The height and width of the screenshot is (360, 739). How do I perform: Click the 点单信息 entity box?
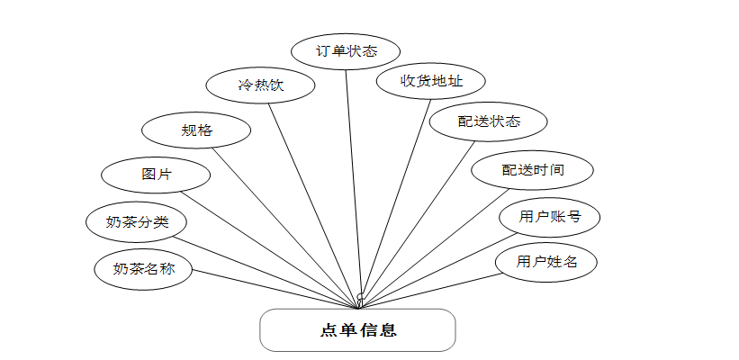357,330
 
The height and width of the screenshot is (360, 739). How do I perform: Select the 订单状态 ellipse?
347,51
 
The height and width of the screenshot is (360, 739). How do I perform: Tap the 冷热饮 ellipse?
261,86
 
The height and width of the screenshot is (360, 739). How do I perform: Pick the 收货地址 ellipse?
431,81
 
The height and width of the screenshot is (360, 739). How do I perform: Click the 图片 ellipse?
156,175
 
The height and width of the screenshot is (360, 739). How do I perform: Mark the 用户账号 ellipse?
549,217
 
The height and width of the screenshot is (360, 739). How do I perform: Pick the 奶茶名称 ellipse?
143,268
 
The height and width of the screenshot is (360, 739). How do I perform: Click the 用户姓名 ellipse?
545,262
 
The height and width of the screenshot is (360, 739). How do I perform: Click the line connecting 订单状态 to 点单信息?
353,180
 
